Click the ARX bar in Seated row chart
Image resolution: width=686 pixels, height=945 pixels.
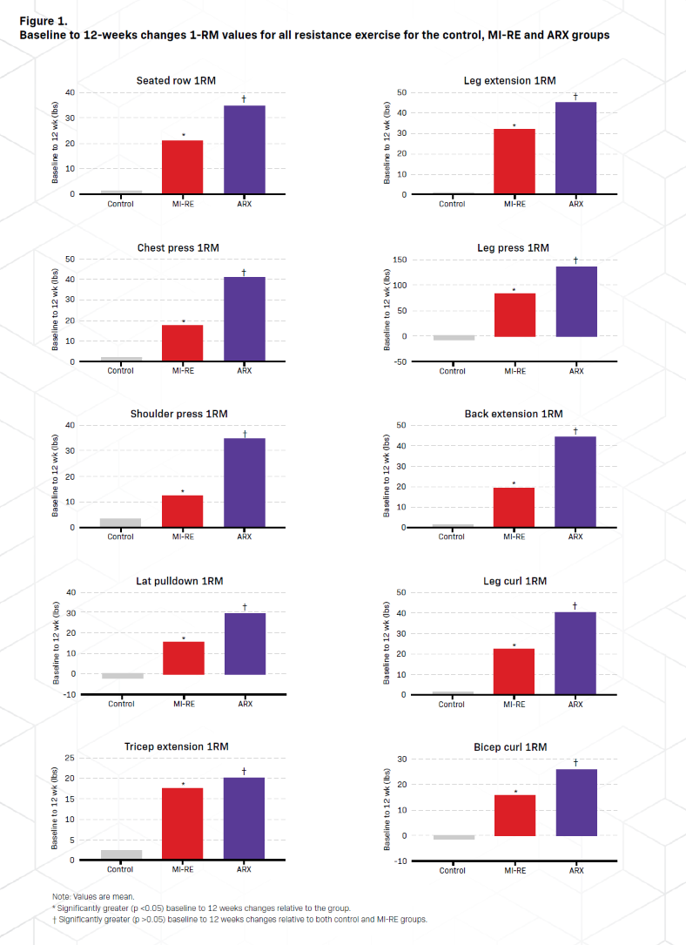point(244,149)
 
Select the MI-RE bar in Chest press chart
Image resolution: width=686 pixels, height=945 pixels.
point(182,343)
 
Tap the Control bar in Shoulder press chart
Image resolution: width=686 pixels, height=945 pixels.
point(120,523)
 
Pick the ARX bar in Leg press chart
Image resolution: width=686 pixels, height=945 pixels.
point(575,301)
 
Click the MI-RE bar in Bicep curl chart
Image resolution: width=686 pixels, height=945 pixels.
point(514,815)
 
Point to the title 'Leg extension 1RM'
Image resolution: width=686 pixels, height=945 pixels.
point(509,81)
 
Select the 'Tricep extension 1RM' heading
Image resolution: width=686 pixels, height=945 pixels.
point(182,747)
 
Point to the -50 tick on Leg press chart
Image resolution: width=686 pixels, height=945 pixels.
point(399,362)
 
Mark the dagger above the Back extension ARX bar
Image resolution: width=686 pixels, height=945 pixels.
point(575,431)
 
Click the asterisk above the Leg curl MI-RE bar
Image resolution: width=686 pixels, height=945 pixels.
point(514,645)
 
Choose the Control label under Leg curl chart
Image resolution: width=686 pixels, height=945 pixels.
point(452,704)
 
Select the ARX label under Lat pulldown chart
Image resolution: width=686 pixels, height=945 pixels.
point(245,704)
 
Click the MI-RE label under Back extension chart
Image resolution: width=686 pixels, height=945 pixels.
point(514,537)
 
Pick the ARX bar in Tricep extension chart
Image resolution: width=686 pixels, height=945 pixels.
point(244,819)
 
